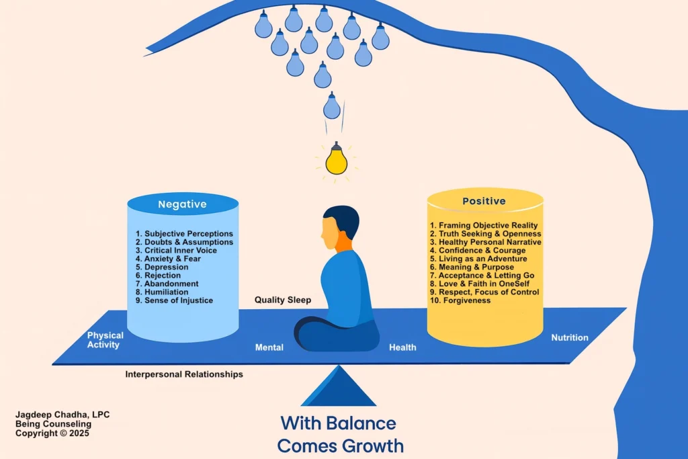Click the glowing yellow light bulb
335,161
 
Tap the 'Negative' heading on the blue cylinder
182,204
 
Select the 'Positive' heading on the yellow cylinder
485,201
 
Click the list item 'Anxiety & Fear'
173,259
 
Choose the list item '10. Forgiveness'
460,300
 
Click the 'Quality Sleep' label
282,300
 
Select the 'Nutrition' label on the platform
570,337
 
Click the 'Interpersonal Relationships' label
184,374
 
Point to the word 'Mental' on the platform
269,347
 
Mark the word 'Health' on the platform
402,347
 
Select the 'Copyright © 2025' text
52,433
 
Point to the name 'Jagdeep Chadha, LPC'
62,415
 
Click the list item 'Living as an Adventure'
478,259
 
